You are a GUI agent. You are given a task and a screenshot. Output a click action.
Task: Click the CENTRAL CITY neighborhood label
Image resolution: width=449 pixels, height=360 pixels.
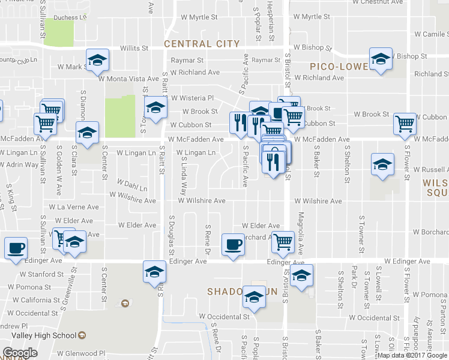point(202,44)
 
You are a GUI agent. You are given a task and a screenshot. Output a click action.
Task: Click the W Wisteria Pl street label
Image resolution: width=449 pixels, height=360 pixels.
point(192,97)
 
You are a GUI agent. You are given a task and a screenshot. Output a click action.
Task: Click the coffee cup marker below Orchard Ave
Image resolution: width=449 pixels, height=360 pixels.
point(233,244)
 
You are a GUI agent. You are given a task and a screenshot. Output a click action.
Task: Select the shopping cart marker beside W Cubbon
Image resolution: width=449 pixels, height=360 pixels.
point(405,124)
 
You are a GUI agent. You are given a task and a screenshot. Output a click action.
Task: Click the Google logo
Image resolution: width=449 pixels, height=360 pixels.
point(20,353)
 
